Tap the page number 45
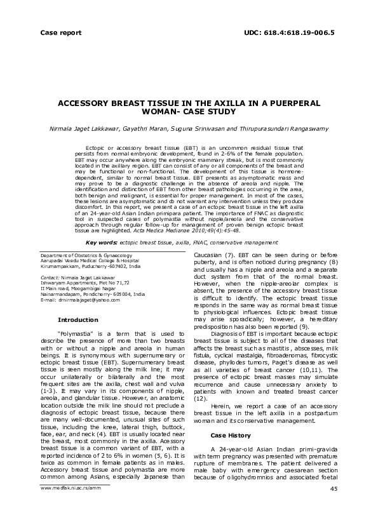coord(334,488)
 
